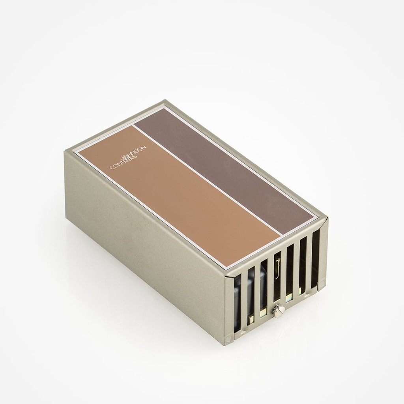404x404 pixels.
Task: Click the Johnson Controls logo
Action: click(x=128, y=158)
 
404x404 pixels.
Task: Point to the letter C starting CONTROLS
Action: click(x=112, y=167)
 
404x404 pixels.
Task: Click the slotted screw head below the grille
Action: click(x=279, y=311)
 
